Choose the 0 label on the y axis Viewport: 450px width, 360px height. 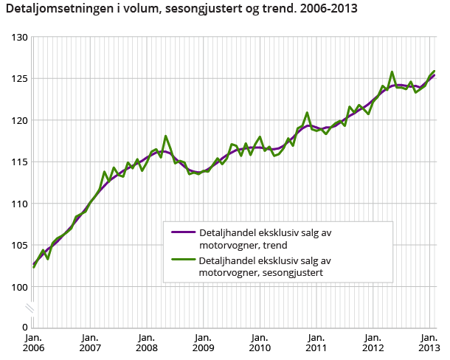[x=24, y=327]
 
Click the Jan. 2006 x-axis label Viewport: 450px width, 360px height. [x=34, y=342]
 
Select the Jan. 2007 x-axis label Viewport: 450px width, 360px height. [x=90, y=342]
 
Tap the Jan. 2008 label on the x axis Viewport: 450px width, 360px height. [x=146, y=342]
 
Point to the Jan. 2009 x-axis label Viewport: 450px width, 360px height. [x=203, y=342]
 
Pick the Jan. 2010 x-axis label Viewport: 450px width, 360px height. [x=260, y=342]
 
